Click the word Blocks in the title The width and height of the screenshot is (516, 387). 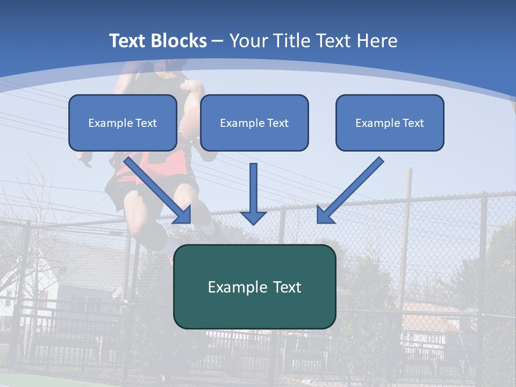coord(178,41)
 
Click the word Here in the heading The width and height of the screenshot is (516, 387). coord(377,41)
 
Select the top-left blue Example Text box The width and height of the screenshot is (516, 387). coord(123,123)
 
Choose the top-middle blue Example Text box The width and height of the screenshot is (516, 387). coord(254,123)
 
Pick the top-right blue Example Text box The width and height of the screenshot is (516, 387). coord(390,123)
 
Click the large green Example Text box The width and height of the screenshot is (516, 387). coord(254,287)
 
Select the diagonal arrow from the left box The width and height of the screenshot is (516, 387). coord(159,190)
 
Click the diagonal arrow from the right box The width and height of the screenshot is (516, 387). coord(349,190)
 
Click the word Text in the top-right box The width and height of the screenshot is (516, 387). coord(413,123)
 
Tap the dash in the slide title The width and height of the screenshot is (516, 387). coord(218,41)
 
